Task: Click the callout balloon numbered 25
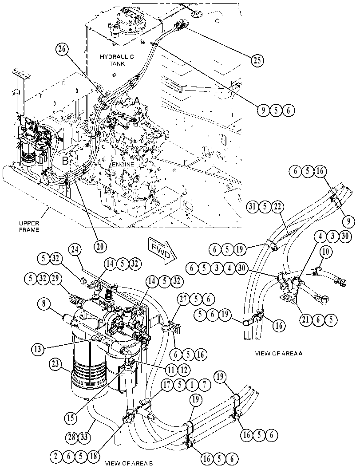pyautogui.click(x=257, y=60)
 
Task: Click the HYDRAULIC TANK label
pyautogui.click(x=117, y=60)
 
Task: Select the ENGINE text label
pyautogui.click(x=123, y=165)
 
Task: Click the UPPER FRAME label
pyautogui.click(x=29, y=227)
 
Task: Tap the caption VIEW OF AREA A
pyautogui.click(x=279, y=353)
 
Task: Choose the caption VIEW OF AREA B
pyautogui.click(x=129, y=464)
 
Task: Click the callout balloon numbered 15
pyautogui.click(x=71, y=418)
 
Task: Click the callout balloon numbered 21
pyautogui.click(x=305, y=320)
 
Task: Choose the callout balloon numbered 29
pyautogui.click(x=56, y=279)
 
